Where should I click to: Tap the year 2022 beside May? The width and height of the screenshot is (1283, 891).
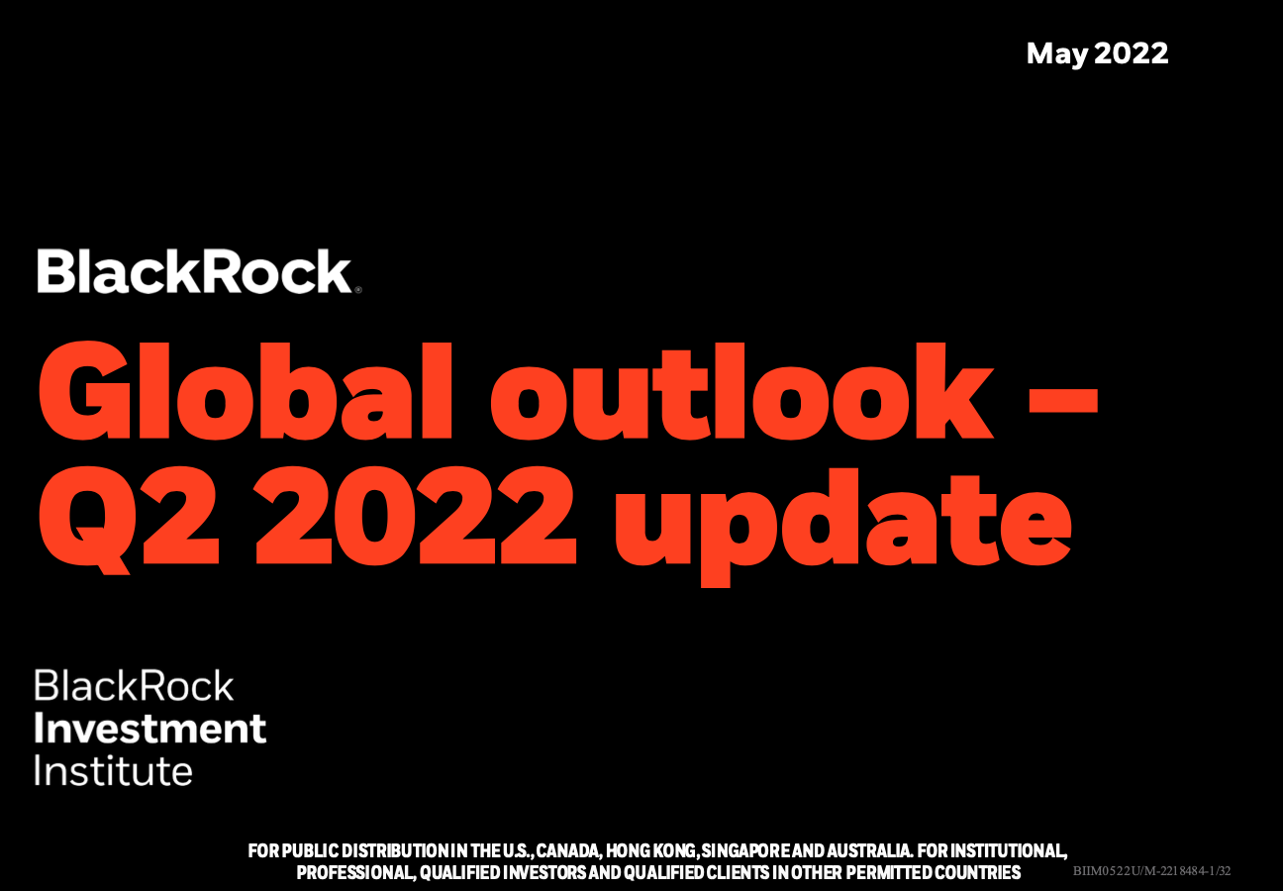(x=1132, y=53)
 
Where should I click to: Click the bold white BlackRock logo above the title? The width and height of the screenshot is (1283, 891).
(x=194, y=271)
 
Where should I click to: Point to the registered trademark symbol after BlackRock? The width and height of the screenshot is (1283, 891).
(x=358, y=290)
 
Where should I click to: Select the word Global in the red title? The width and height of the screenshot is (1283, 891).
(x=246, y=391)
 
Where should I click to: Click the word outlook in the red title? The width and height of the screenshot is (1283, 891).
(x=741, y=391)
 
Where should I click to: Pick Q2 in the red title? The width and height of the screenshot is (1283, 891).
(x=129, y=518)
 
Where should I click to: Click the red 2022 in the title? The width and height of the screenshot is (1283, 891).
(x=415, y=516)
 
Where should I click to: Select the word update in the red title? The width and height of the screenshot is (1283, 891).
(x=843, y=527)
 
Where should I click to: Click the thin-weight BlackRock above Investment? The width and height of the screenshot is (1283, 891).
(x=134, y=685)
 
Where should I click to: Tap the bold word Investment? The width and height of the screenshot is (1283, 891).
(x=150, y=729)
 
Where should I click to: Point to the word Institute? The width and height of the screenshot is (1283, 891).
(x=114, y=770)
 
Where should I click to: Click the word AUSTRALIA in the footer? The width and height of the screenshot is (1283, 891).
(x=869, y=851)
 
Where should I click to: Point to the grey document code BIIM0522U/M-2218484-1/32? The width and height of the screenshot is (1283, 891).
(x=1152, y=871)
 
